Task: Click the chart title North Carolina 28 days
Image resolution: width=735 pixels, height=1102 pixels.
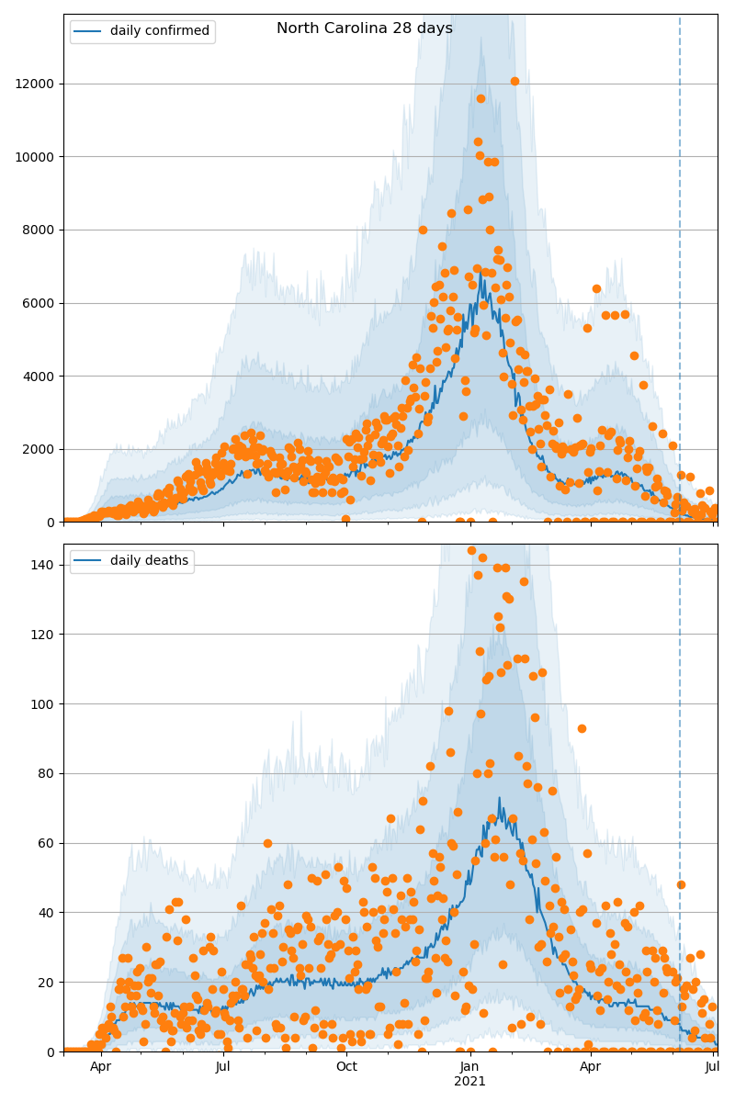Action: coord(365,28)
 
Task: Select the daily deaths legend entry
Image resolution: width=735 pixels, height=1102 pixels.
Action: coord(149,561)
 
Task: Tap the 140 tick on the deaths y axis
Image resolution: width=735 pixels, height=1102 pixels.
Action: coord(43,565)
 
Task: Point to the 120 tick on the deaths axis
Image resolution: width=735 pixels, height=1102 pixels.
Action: coord(43,635)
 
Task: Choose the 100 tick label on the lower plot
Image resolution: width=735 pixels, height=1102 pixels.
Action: coord(43,704)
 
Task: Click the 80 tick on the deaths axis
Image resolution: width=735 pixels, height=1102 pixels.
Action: coord(47,773)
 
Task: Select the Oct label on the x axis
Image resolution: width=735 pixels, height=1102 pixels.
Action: coord(346,1067)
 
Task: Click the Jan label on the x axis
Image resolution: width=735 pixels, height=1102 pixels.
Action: coord(469,1067)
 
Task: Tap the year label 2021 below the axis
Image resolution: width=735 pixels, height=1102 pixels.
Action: coord(469,1082)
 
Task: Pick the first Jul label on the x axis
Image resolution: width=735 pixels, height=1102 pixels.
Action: coord(223,1067)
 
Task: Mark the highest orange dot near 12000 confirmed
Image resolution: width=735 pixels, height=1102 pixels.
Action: coord(514,81)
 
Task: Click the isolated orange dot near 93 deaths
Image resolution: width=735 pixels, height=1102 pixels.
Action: coord(582,728)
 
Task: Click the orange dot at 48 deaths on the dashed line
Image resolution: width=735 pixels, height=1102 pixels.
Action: coord(681,884)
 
